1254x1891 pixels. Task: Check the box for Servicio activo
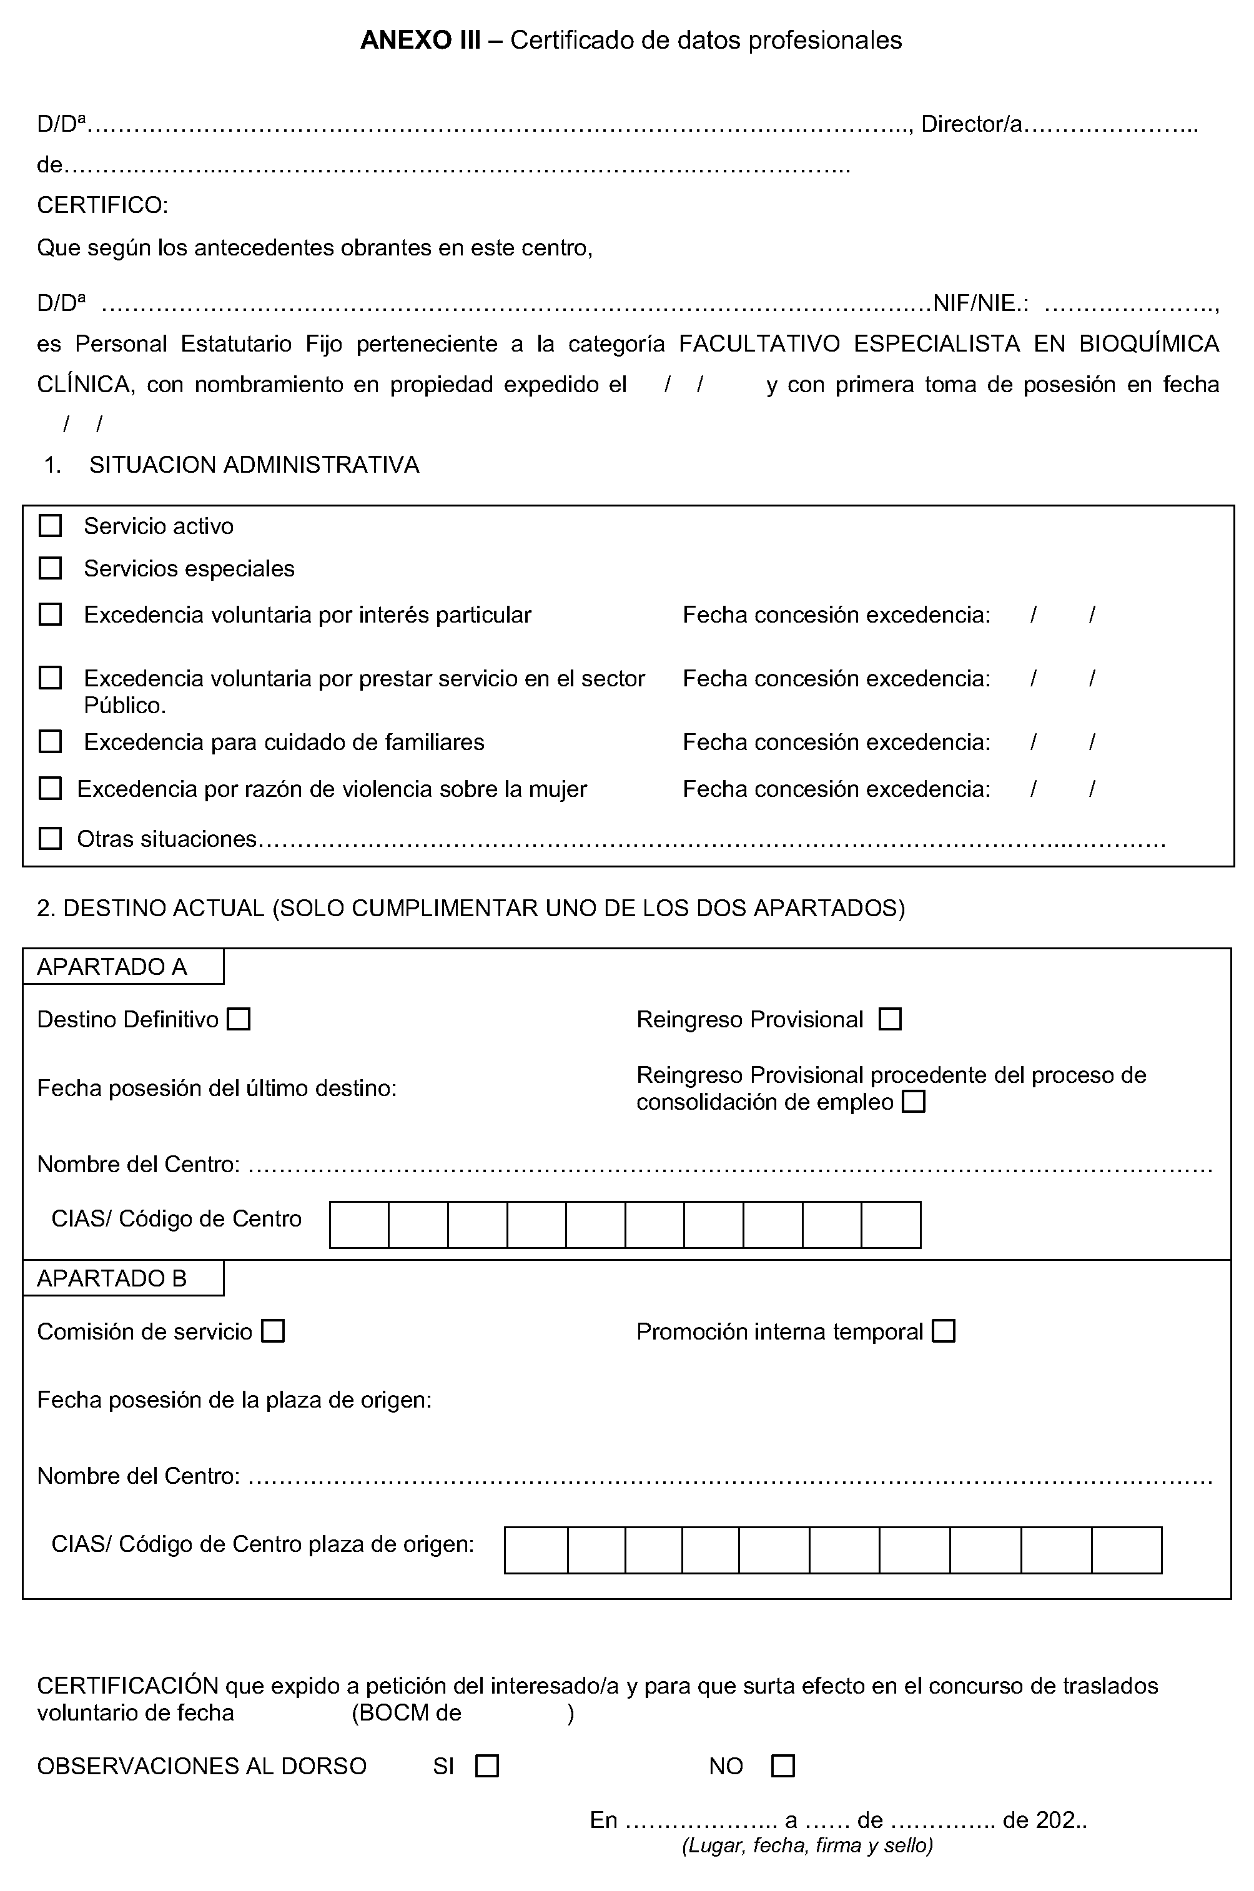(51, 525)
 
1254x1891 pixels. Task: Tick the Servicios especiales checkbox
(51, 568)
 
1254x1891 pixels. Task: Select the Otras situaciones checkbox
(51, 838)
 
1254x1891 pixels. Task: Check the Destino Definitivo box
(239, 1019)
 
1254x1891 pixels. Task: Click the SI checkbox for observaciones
(487, 1765)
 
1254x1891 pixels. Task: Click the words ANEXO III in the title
(421, 40)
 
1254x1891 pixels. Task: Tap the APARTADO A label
(112, 967)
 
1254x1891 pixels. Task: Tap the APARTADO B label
(112, 1278)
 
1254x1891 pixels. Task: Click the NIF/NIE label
(980, 303)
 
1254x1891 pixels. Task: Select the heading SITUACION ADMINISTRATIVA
(254, 465)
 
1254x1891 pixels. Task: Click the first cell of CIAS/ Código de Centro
(359, 1225)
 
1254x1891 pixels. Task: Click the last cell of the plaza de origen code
(1126, 1549)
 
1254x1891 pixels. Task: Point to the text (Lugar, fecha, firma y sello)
(807, 1845)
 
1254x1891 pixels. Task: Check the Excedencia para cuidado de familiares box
(51, 741)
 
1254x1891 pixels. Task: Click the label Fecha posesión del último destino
(217, 1089)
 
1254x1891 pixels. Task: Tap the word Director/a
(972, 124)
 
